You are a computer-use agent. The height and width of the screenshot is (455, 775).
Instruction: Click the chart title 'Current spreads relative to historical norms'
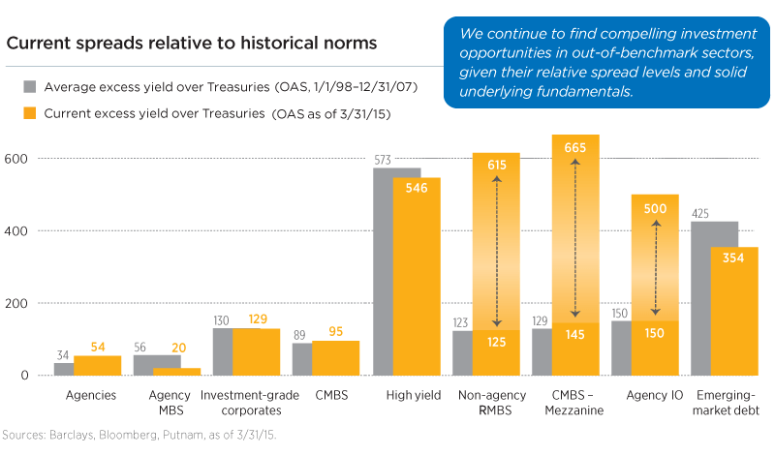pos(192,44)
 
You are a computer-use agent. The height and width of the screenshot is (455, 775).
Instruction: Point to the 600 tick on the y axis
pos(17,158)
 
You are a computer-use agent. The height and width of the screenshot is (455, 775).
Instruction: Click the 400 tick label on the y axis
pos(17,230)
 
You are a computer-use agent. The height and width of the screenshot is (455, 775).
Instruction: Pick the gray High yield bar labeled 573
pos(384,271)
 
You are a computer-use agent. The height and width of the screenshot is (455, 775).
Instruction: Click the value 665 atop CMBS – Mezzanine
pos(575,147)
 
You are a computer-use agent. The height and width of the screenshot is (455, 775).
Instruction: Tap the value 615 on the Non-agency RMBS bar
pos(497,166)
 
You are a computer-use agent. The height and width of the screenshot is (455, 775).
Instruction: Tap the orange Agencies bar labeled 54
pos(98,365)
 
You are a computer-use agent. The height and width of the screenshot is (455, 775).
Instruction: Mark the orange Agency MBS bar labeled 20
pos(176,371)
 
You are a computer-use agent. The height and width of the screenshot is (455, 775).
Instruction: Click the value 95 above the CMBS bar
pos(336,330)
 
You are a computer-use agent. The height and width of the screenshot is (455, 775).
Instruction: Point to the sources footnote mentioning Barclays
pos(140,436)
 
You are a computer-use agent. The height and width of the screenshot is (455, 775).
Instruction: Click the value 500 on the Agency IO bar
pos(656,208)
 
